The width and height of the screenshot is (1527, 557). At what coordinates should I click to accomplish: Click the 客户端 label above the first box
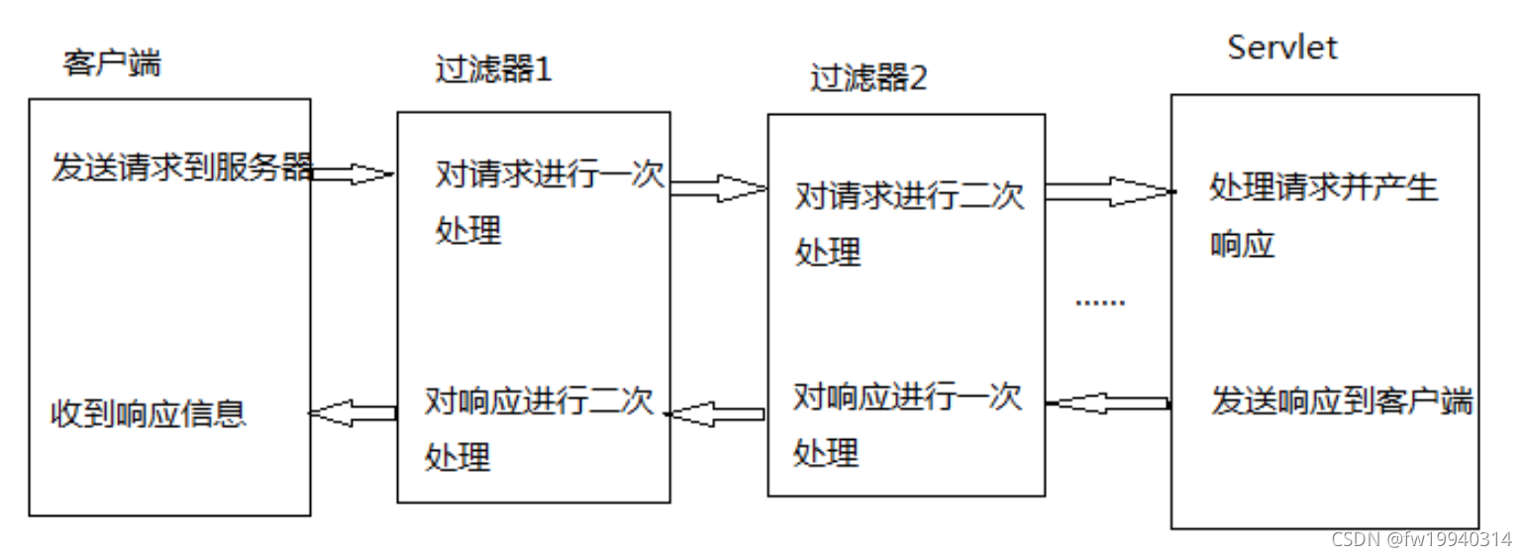tap(111, 64)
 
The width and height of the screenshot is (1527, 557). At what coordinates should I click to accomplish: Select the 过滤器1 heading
tap(492, 70)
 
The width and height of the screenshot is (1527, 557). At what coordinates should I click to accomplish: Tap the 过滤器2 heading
tap(867, 78)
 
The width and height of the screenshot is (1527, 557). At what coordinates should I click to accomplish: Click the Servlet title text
tap(1281, 47)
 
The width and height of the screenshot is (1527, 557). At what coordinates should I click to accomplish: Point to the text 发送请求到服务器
tap(182, 167)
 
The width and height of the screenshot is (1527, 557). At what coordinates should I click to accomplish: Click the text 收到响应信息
tap(148, 412)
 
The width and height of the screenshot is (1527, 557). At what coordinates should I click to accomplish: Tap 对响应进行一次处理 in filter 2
tap(905, 425)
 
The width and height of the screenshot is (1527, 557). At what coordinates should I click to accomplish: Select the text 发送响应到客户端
tap(1342, 401)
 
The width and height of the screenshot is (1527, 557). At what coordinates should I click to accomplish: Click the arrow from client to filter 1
tap(354, 174)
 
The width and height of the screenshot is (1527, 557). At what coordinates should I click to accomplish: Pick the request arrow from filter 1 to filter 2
tap(719, 188)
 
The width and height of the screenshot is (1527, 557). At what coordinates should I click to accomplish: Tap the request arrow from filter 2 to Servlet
tap(1108, 190)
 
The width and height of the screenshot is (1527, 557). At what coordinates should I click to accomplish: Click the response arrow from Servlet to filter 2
tap(1108, 402)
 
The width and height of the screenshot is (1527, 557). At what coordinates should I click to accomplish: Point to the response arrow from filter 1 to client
tap(354, 411)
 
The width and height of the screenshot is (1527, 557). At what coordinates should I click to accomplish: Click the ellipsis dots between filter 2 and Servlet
tap(1100, 302)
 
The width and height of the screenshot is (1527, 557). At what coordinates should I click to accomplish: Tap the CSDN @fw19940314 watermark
tap(1421, 539)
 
